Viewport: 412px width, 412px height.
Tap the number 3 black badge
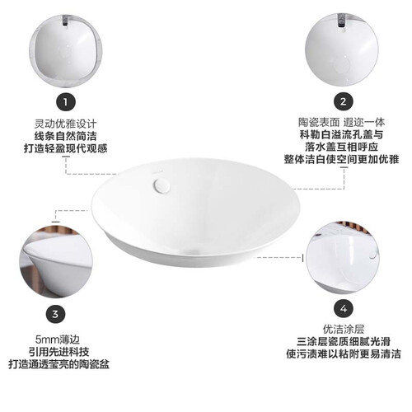pyautogui.click(x=54, y=314)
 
